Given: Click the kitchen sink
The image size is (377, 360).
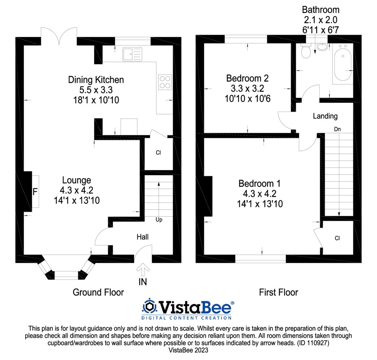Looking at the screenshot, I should point(132,54).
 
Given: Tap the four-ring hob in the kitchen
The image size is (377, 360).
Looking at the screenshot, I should point(165,82).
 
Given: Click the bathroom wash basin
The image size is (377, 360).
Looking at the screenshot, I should point(322,47).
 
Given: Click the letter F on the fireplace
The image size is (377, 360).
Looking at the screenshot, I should point(35,192).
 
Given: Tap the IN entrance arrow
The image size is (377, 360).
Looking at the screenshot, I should point(143,270).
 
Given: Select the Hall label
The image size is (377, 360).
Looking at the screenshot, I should point(143,237).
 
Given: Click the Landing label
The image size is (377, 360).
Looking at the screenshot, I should point(325,116).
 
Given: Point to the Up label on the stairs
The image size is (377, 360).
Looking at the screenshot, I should point(159,219).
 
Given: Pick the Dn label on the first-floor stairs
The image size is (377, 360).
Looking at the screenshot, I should point(337,129).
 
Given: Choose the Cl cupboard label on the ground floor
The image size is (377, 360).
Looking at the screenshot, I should point(158,153).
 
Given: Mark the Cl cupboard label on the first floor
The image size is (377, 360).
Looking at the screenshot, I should point(337,238).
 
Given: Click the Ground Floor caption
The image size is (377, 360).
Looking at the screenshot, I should point(98,292).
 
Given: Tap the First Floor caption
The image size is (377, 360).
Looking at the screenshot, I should point(279,292).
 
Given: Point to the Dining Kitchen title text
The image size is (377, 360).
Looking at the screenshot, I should point(96,80).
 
